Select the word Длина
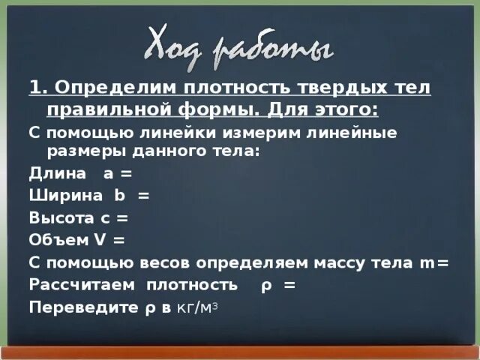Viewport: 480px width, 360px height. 53,174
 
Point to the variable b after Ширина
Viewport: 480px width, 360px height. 118,196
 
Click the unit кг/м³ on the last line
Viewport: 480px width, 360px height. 196,307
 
